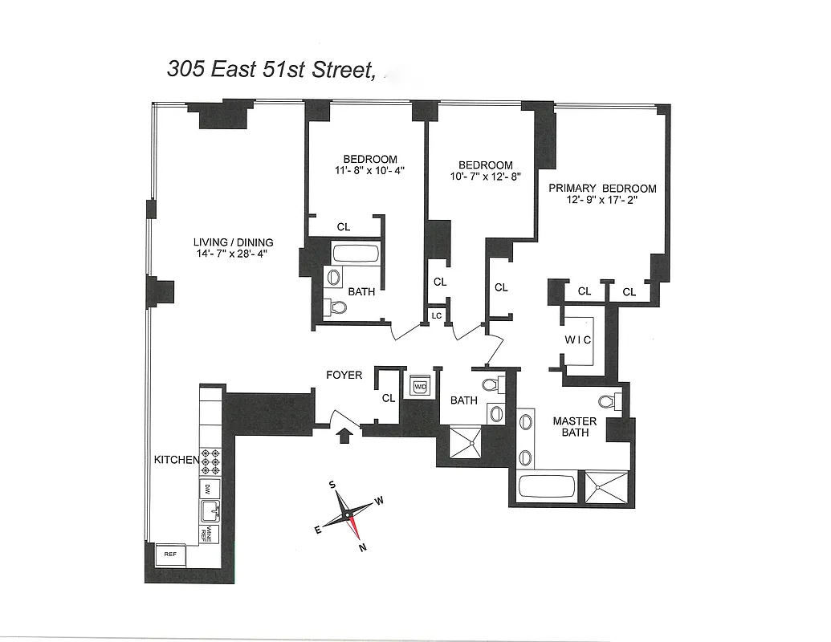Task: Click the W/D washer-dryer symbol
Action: pos(420,387)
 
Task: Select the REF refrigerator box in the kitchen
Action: pos(170,554)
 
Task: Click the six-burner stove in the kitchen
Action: pos(210,462)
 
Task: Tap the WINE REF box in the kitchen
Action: pos(206,530)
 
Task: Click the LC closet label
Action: pos(437,316)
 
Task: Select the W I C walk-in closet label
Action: pos(577,339)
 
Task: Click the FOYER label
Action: pos(344,375)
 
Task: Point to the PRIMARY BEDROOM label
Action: pos(602,189)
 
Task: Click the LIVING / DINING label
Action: pos(233,242)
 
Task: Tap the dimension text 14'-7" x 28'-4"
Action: pos(233,254)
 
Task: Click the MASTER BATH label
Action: pos(575,427)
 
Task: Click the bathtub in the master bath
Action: pos(547,486)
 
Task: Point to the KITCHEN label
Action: pos(176,460)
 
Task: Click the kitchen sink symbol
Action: pos(210,510)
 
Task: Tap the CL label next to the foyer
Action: pos(389,398)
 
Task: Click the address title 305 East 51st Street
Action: pos(271,70)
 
